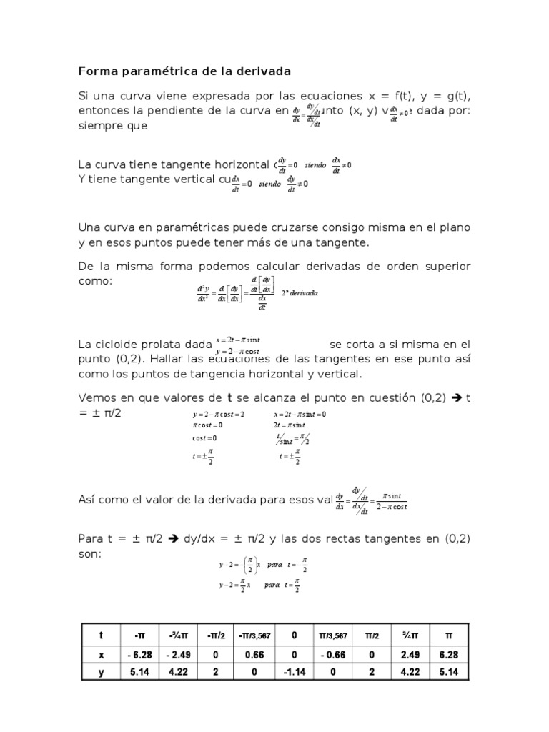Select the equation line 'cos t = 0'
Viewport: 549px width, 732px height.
tap(204, 438)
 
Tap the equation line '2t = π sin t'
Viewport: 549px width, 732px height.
tap(290, 426)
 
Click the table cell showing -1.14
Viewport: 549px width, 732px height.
tap(295, 672)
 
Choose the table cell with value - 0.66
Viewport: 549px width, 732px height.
tap(334, 654)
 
